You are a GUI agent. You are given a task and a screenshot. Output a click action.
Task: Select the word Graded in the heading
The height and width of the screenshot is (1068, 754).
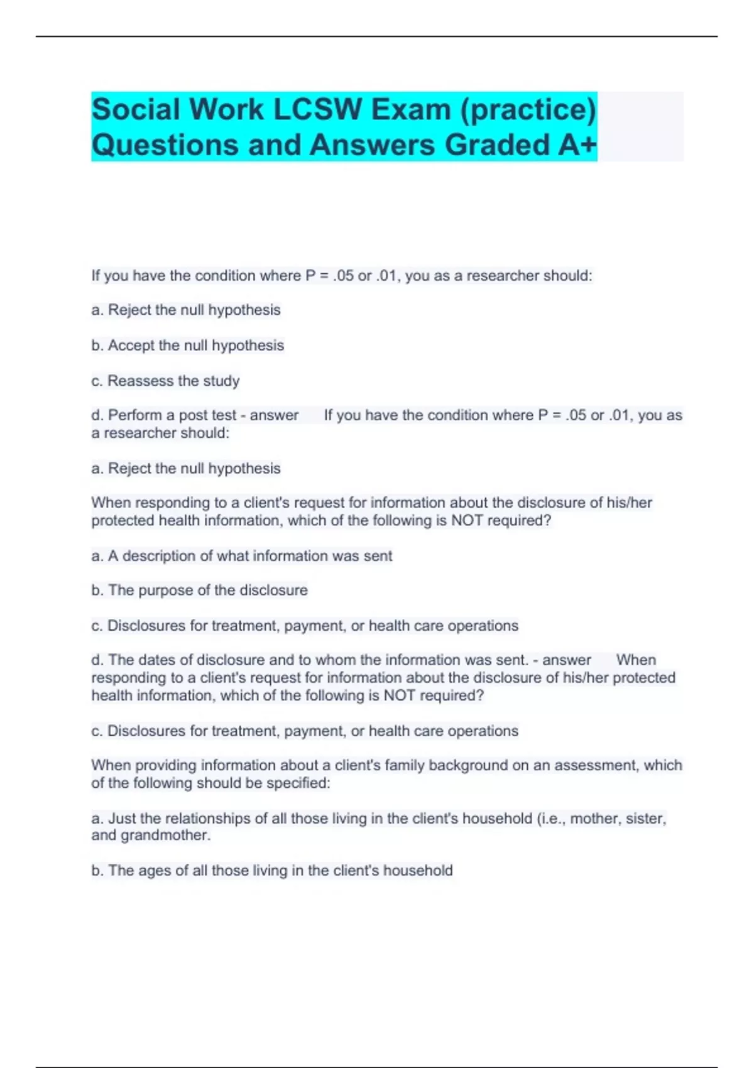point(496,144)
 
